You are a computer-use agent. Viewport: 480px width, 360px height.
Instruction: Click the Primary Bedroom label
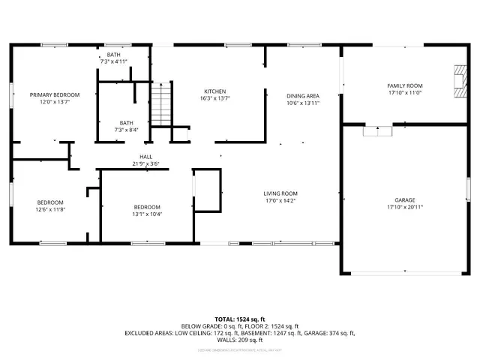coord(54,94)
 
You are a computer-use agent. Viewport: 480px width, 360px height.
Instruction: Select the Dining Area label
coord(303,96)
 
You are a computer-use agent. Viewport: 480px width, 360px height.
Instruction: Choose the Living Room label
coord(280,193)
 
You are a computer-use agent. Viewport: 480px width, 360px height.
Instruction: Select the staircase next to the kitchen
coord(160,105)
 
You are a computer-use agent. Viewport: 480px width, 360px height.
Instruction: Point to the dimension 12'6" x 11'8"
coord(51,209)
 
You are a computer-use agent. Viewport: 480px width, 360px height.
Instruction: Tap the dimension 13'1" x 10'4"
coord(147,214)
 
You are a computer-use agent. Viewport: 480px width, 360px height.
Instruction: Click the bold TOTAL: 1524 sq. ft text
coord(239,319)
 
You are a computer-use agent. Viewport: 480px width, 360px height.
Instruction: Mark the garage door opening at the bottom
coord(405,272)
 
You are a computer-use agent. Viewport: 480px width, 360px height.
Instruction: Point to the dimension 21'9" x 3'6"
coord(145,163)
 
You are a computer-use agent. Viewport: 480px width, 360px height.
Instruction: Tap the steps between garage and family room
coord(377,130)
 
